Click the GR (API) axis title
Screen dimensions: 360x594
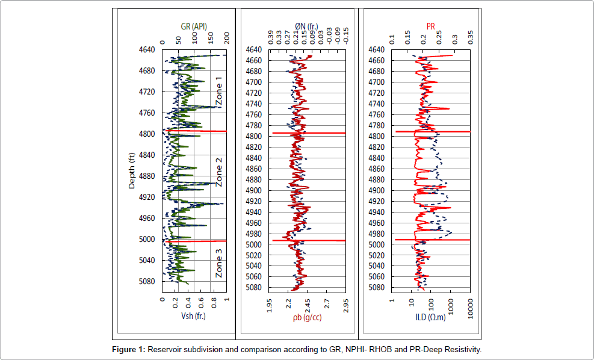point(195,26)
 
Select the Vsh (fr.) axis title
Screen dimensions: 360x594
point(194,317)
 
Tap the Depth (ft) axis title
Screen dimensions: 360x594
point(132,170)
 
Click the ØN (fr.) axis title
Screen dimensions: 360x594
point(307,26)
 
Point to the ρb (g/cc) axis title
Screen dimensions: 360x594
point(307,317)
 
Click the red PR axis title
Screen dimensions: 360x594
point(430,26)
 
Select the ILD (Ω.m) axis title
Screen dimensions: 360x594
point(430,317)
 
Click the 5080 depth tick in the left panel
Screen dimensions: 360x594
point(147,282)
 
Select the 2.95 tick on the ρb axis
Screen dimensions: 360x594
point(346,307)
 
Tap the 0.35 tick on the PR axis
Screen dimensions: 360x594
point(471,39)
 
